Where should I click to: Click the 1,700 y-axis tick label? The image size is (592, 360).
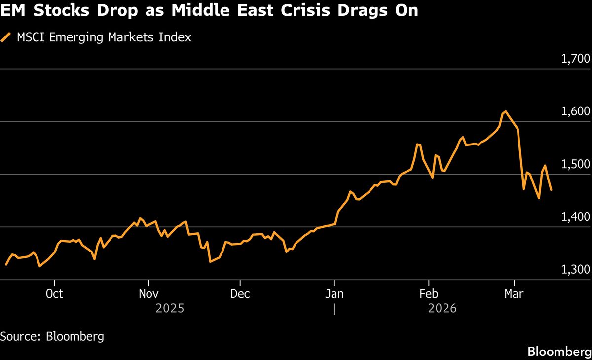pyautogui.click(x=575, y=59)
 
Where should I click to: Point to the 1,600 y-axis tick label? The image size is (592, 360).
pyautogui.click(x=575, y=111)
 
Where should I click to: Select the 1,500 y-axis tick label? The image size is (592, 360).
pyautogui.click(x=575, y=164)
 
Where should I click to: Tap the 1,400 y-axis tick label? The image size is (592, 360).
pyautogui.click(x=575, y=217)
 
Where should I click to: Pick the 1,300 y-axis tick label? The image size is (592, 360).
pyautogui.click(x=575, y=270)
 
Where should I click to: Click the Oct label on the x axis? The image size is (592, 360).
pyautogui.click(x=54, y=294)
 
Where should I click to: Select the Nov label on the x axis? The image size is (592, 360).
pyautogui.click(x=148, y=294)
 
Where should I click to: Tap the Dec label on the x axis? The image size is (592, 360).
pyautogui.click(x=240, y=294)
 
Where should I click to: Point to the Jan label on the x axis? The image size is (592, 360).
pyautogui.click(x=334, y=294)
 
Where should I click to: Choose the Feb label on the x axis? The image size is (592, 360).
pyautogui.click(x=428, y=294)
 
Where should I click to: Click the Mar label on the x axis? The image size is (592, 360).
pyautogui.click(x=515, y=294)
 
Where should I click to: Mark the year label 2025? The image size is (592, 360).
pyautogui.click(x=170, y=309)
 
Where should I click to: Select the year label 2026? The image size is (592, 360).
pyautogui.click(x=443, y=309)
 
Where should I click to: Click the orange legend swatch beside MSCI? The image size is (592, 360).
pyautogui.click(x=6, y=37)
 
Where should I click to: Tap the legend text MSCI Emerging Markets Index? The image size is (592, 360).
pyautogui.click(x=104, y=37)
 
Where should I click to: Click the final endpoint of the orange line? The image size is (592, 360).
pyautogui.click(x=551, y=190)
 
